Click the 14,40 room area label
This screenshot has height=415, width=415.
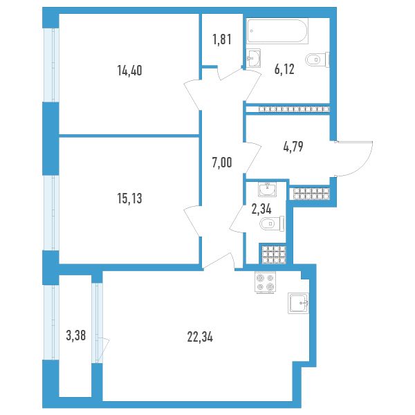[x=130, y=71]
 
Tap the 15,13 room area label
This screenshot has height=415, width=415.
[x=130, y=199]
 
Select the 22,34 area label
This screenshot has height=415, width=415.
[x=200, y=338]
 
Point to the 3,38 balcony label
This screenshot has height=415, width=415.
[x=76, y=336]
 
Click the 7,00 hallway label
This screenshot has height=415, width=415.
[x=222, y=163]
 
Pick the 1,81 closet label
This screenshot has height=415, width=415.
[x=222, y=39]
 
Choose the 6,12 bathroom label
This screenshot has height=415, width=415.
[x=284, y=70]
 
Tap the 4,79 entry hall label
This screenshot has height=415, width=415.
[x=293, y=147]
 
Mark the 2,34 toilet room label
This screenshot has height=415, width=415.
[x=261, y=209]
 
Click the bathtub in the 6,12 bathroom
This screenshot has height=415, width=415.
[x=277, y=30]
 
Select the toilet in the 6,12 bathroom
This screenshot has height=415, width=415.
[x=317, y=59]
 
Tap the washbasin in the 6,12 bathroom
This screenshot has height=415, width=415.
[x=254, y=58]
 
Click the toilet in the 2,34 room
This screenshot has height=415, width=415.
[x=272, y=223]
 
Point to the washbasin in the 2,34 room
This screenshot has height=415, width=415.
[x=267, y=189]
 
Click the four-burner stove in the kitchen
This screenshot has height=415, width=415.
[x=265, y=282]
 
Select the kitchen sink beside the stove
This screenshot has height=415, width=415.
[x=298, y=303]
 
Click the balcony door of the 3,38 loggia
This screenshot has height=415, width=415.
[x=103, y=351]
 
